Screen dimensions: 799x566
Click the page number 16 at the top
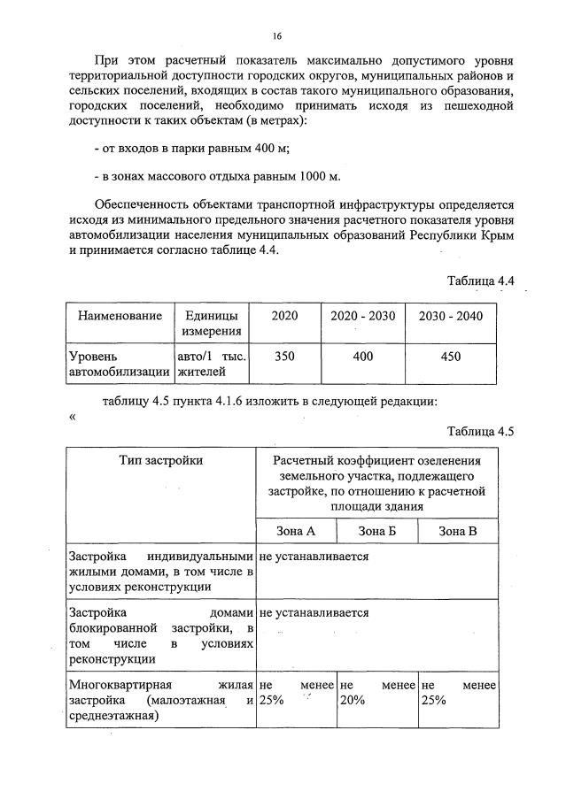[x=277, y=35]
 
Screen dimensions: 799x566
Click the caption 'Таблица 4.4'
[x=480, y=281]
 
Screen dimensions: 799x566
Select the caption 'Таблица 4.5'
[x=480, y=432]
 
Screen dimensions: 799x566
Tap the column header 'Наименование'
[x=120, y=316]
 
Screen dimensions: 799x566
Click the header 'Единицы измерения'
[x=211, y=323]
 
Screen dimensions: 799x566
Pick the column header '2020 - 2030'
[x=362, y=316]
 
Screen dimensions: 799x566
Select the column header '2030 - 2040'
[x=450, y=316]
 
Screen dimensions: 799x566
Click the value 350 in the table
[x=284, y=356]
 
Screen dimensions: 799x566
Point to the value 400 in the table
[x=362, y=356]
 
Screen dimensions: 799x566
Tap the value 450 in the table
[x=450, y=356]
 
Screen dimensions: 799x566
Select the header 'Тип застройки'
[x=161, y=460]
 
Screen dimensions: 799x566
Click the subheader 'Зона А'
[x=296, y=531]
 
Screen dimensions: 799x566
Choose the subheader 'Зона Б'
[x=376, y=531]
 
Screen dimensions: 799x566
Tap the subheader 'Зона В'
[x=458, y=531]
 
